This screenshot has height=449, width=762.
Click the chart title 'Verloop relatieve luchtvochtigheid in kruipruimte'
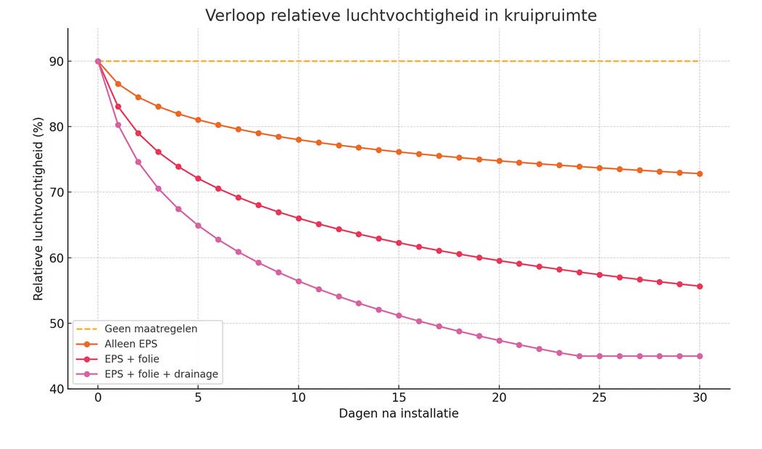(401, 16)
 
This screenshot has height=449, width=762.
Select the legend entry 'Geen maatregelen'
(151, 329)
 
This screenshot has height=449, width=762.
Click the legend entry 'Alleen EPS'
(131, 344)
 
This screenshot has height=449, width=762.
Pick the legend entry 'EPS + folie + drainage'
(161, 374)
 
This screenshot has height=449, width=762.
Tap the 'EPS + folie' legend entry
(132, 359)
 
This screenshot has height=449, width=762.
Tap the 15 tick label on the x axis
(398, 397)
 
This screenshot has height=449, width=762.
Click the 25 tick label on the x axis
(599, 397)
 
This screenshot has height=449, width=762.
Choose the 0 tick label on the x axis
(98, 397)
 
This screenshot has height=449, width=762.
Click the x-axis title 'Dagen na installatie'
(398, 413)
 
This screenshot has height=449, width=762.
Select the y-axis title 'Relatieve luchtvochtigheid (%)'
(38, 208)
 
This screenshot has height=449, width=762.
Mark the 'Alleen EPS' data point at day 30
(700, 173)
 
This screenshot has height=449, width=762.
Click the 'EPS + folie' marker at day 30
(700, 287)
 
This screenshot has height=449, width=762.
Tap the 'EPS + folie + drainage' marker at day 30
(700, 356)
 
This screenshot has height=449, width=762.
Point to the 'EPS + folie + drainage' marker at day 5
(198, 226)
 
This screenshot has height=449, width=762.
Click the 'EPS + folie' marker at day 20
(499, 260)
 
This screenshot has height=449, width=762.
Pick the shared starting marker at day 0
(98, 61)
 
